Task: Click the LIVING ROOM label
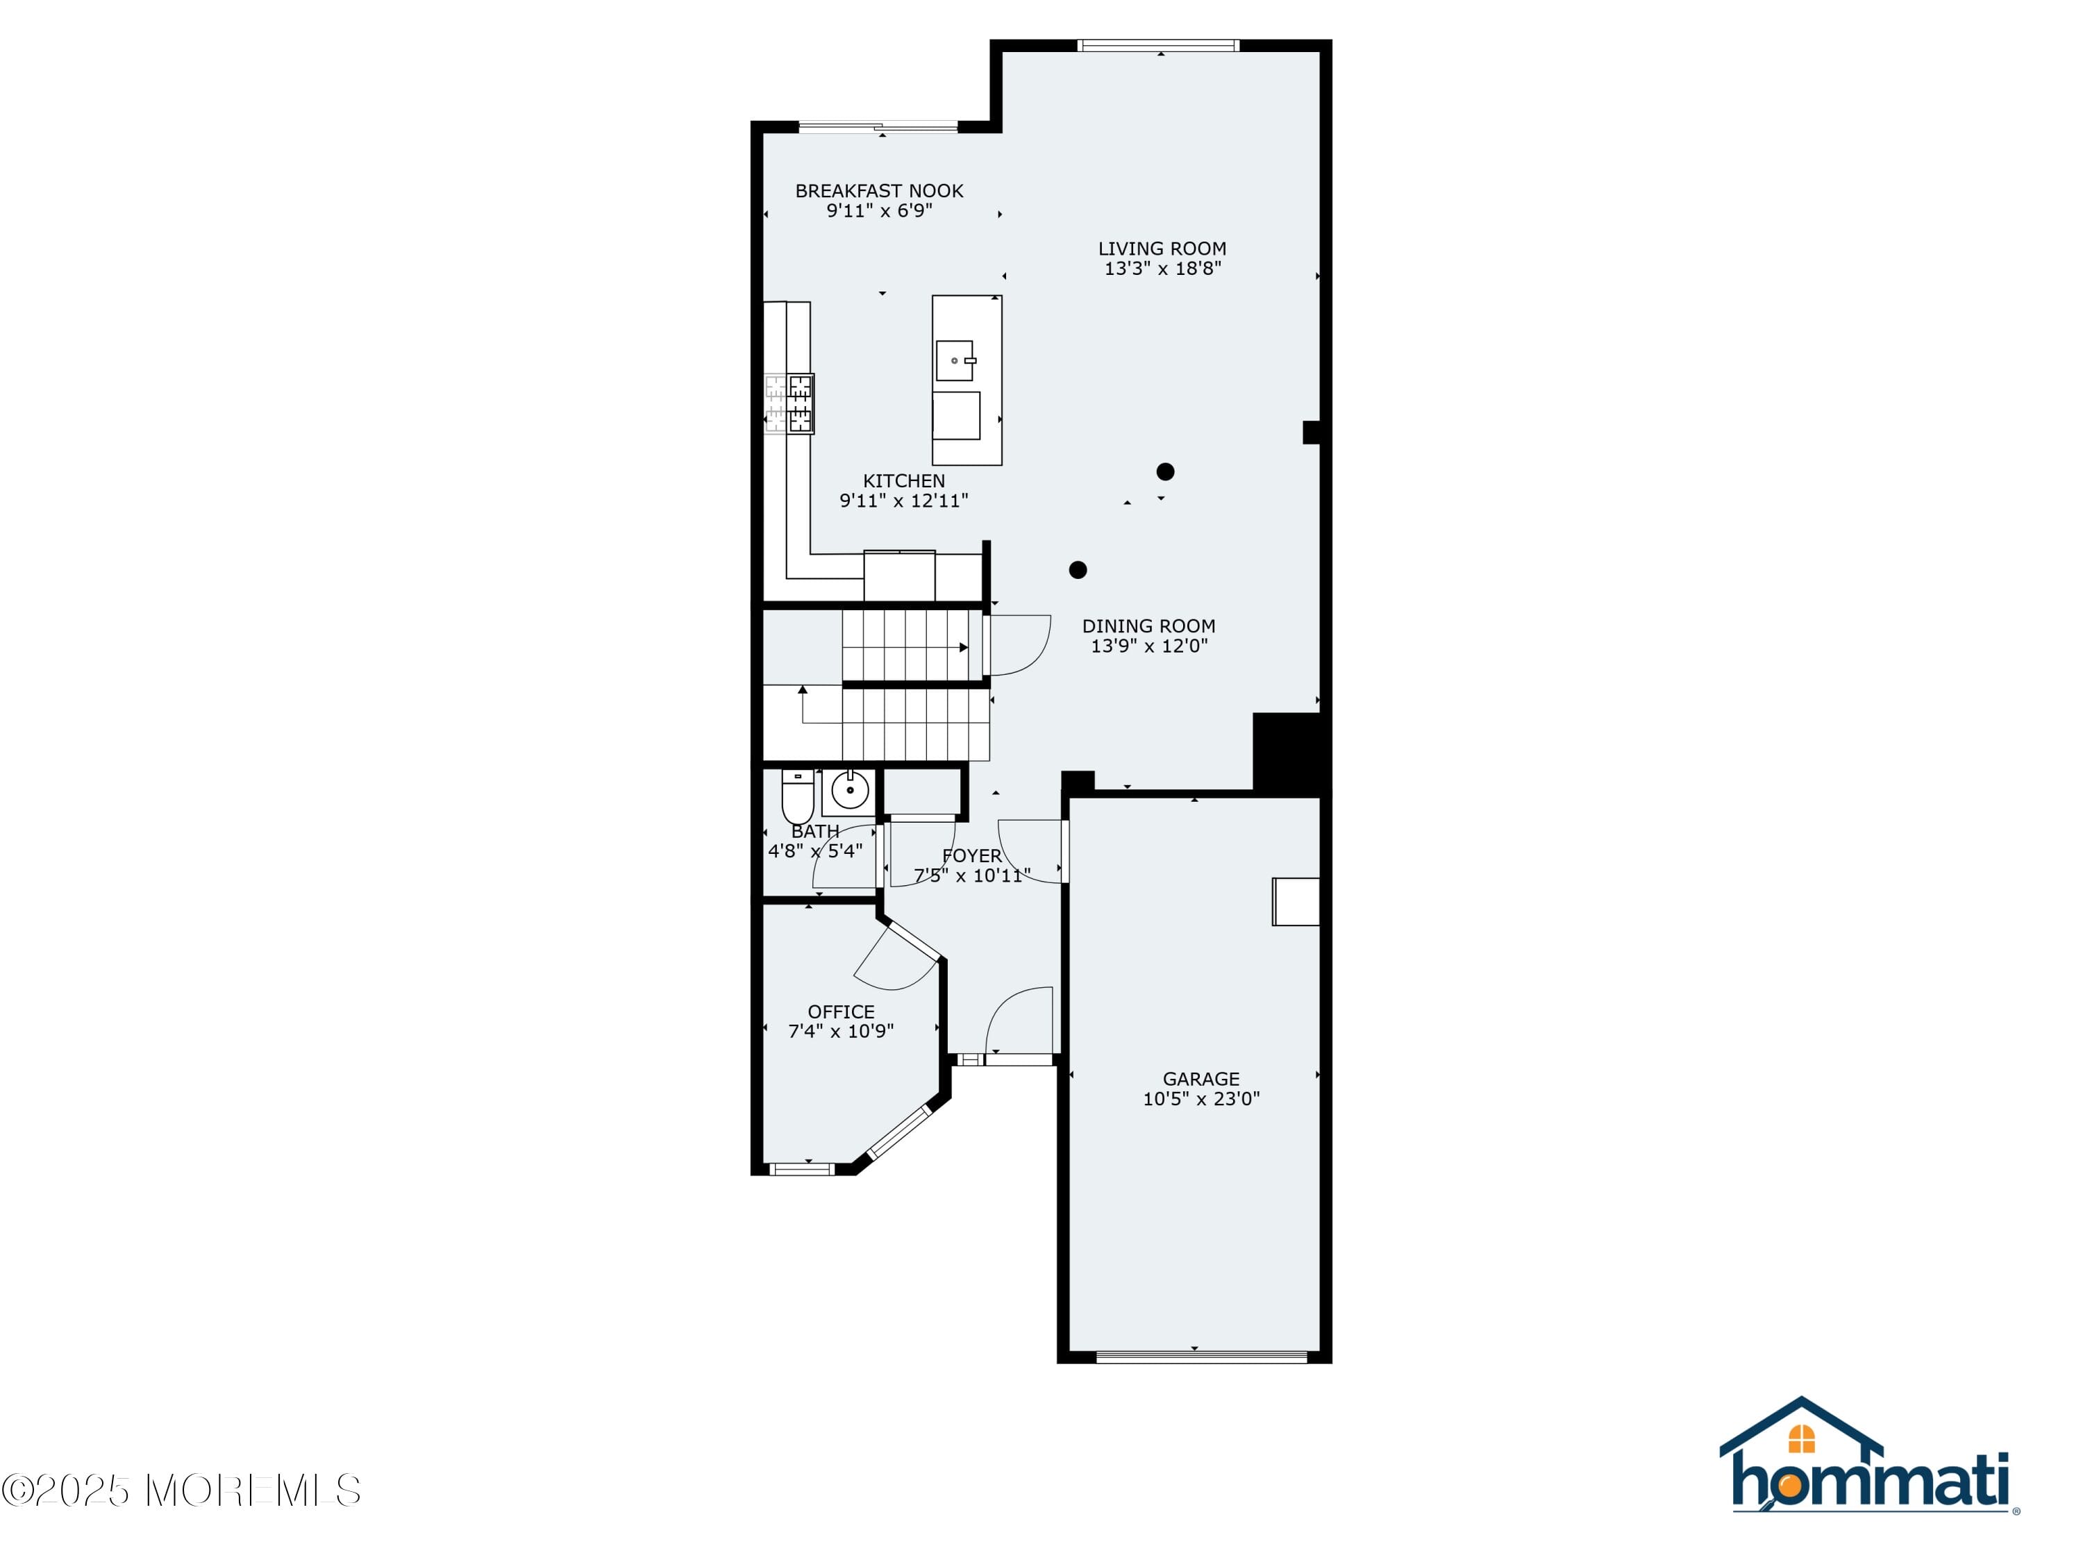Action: click(x=1162, y=249)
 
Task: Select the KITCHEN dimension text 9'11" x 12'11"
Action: click(x=903, y=501)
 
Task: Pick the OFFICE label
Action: click(x=841, y=1011)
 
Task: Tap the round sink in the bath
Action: click(x=849, y=791)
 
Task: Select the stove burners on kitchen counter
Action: click(x=789, y=404)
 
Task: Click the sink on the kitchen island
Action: click(x=955, y=360)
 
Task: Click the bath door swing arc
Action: click(x=844, y=857)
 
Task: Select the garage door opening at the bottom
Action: click(x=1202, y=1357)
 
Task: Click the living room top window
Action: click(x=1157, y=45)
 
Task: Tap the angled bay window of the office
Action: click(x=898, y=1133)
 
